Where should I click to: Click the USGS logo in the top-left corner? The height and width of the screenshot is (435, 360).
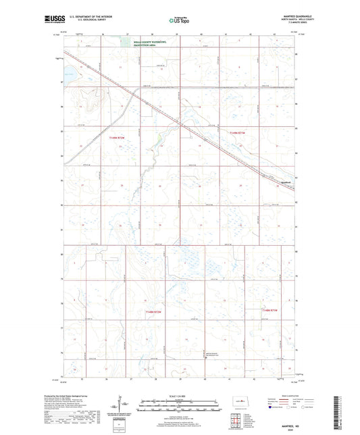[51, 20]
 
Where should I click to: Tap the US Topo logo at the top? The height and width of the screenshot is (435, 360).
[178, 20]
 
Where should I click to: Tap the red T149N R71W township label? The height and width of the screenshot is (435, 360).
[238, 133]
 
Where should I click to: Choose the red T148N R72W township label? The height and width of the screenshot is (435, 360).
[156, 311]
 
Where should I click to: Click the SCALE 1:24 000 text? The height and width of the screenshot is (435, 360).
[179, 396]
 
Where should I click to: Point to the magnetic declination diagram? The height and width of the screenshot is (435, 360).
[120, 407]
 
